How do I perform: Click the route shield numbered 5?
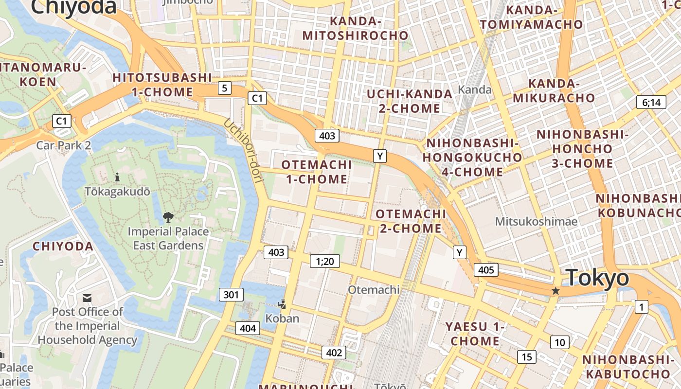(x=224, y=88)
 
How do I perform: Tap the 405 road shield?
(x=486, y=270)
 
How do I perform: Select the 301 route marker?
(x=231, y=294)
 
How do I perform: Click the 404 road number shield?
(x=248, y=328)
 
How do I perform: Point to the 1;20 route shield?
(x=325, y=262)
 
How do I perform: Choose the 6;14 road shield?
(x=651, y=102)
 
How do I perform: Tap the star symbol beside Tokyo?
(x=556, y=291)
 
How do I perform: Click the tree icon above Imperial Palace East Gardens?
(x=168, y=217)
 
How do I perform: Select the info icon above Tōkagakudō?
(x=117, y=177)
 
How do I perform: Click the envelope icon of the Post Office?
(x=87, y=298)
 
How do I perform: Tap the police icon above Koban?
(x=282, y=304)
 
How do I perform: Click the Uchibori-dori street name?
(x=243, y=151)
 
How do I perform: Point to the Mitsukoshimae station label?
(x=536, y=222)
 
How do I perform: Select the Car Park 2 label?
(x=64, y=145)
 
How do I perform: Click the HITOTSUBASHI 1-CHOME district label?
(x=162, y=85)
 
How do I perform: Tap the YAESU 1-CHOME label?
(x=475, y=334)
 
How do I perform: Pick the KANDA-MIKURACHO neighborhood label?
(x=554, y=90)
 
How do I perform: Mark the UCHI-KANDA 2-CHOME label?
(x=410, y=101)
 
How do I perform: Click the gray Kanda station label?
(x=475, y=89)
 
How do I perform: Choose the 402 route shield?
(x=334, y=353)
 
